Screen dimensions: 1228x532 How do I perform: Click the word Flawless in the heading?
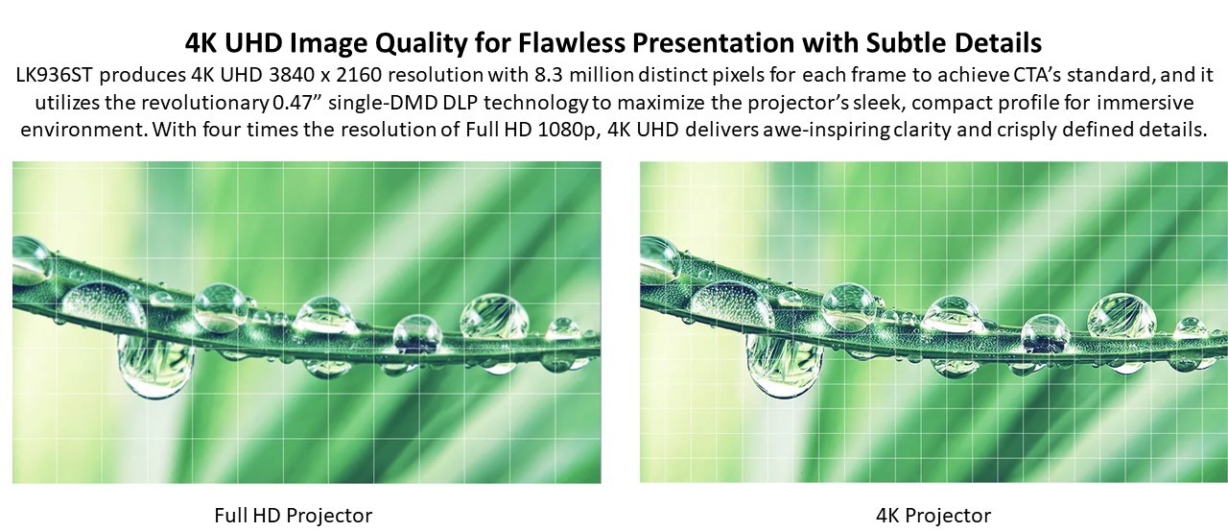coord(571,43)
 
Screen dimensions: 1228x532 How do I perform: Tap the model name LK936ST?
coord(55,75)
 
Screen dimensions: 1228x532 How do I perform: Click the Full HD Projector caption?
coord(294,516)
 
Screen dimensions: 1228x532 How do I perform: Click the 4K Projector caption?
coord(933,516)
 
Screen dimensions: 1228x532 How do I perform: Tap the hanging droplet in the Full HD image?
coord(155,364)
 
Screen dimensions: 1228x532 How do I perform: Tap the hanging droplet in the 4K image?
coord(784,364)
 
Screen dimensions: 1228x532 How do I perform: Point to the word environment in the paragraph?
coord(83,130)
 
